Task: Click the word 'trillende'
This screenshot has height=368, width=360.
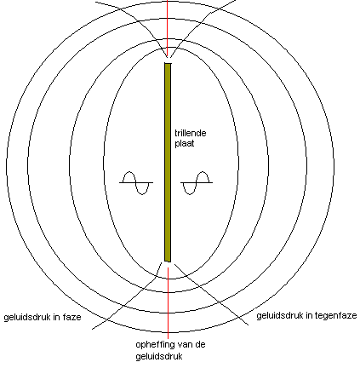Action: point(190,133)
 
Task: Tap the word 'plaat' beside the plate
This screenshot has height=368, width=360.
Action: point(185,143)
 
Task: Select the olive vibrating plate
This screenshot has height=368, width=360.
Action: point(168,162)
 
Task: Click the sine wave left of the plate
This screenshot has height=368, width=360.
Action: point(136,183)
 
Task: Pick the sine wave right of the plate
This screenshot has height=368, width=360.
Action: point(197,183)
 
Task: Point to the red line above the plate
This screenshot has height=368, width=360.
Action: point(168,28)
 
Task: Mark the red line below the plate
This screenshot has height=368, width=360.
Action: point(168,302)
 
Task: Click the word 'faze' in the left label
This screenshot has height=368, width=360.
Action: point(71,317)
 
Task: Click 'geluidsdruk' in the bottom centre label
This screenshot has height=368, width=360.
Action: point(159,356)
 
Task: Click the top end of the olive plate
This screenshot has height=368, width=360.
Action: point(168,63)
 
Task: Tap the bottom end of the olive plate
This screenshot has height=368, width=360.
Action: point(168,262)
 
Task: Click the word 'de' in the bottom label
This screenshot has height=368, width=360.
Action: point(201,345)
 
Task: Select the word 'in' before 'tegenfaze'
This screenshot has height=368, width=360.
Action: point(309,315)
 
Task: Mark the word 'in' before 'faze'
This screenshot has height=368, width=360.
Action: point(55,317)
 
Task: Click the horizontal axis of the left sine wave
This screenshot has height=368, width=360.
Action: point(136,182)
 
